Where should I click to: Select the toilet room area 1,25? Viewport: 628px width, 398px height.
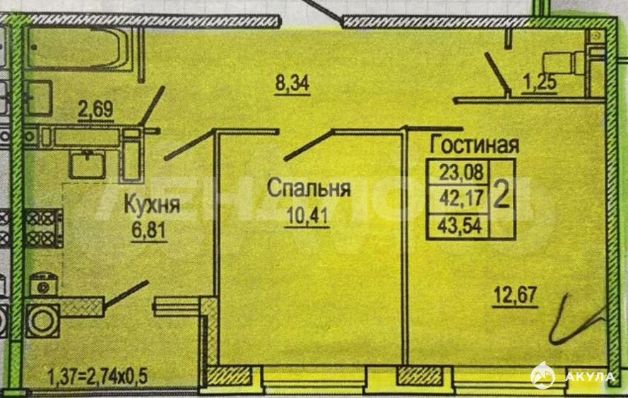pos(540,83)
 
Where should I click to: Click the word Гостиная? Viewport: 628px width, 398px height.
pos(475,146)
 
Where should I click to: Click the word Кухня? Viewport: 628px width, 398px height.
pos(152,206)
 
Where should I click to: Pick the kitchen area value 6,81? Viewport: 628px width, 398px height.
pos(147,230)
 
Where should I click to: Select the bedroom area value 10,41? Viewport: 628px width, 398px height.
pos(309,213)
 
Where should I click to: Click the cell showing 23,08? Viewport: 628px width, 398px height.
pos(459,172)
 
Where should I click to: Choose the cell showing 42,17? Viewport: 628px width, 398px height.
pos(459,199)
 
